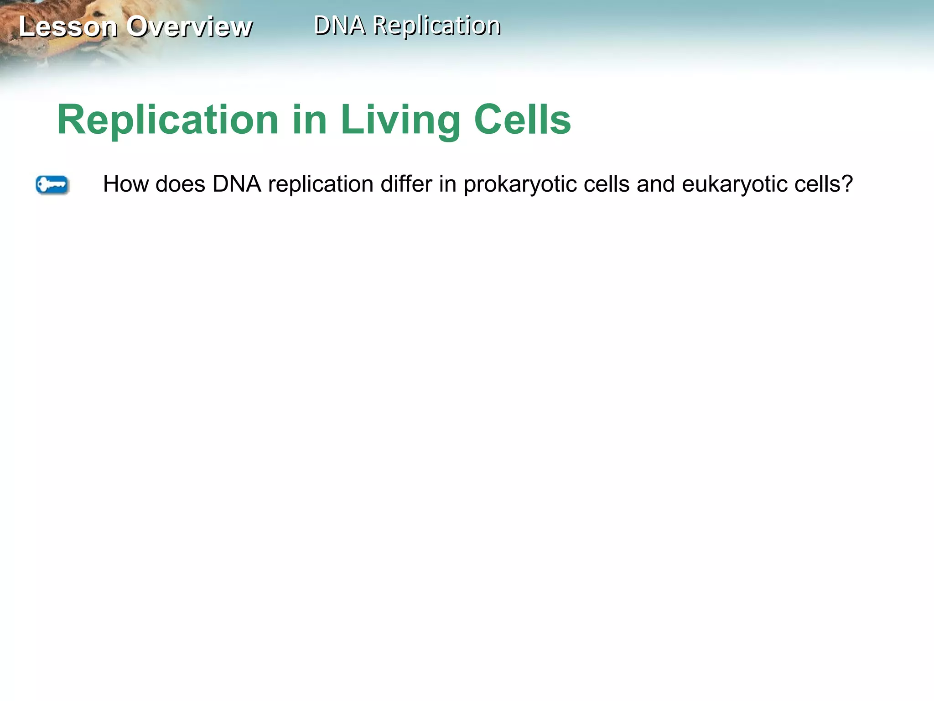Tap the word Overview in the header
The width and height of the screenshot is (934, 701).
click(x=190, y=26)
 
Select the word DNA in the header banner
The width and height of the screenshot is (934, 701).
click(x=340, y=25)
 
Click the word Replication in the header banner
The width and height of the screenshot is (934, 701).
click(x=437, y=26)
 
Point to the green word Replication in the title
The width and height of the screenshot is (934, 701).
click(x=168, y=120)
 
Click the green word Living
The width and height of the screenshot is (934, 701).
click(x=400, y=120)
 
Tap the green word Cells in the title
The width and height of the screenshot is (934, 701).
click(x=523, y=120)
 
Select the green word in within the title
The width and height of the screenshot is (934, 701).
click(x=310, y=120)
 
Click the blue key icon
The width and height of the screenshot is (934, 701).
click(x=52, y=185)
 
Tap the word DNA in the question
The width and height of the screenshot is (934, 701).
click(x=237, y=184)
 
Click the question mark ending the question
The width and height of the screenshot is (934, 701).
click(x=847, y=184)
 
